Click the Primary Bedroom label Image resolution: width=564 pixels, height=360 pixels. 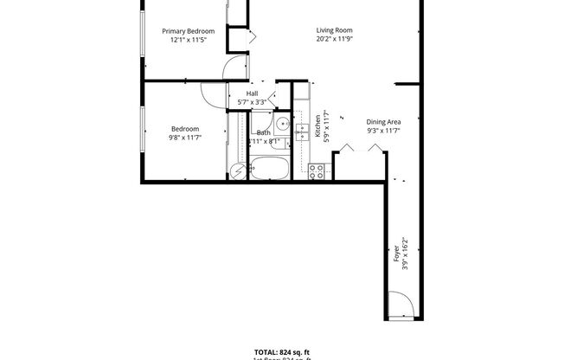pyautogui.click(x=189, y=30)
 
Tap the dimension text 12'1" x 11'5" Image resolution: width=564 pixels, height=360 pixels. pyautogui.click(x=189, y=39)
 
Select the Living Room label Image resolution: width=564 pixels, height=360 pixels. pyautogui.click(x=334, y=30)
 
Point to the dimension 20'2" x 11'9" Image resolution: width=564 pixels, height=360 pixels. pyautogui.click(x=334, y=39)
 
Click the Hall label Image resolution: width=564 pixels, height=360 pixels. pyautogui.click(x=252, y=93)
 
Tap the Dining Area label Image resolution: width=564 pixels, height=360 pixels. pyautogui.click(x=382, y=122)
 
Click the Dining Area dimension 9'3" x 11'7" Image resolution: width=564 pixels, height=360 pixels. pyautogui.click(x=382, y=132)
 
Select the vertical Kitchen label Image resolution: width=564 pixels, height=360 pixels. pyautogui.click(x=317, y=126)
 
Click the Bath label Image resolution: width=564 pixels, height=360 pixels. pyautogui.click(x=262, y=132)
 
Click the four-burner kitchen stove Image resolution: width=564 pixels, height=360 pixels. pyautogui.click(x=317, y=171)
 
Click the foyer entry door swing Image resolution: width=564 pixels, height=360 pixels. pyautogui.click(x=399, y=305)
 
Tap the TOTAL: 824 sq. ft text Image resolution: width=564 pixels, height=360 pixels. pyautogui.click(x=282, y=351)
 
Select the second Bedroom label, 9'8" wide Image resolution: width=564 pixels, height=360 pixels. pyautogui.click(x=184, y=129)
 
